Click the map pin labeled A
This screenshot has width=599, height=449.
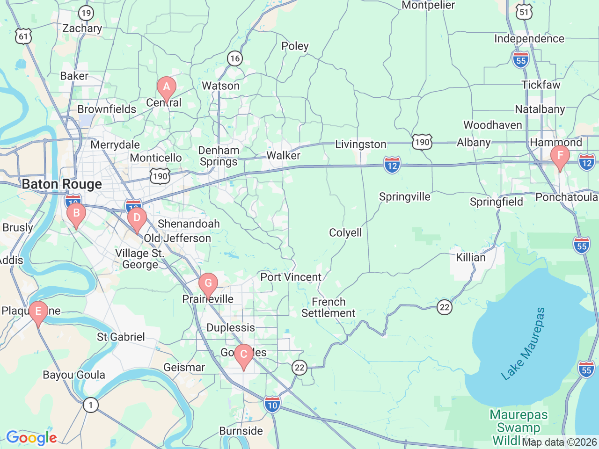click(166, 87)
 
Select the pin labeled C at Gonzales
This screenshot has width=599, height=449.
click(243, 355)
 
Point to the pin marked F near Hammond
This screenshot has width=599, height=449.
click(560, 156)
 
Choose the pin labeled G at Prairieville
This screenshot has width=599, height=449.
click(208, 283)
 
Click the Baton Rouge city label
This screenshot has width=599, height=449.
click(62, 184)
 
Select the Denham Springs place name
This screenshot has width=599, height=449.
click(219, 156)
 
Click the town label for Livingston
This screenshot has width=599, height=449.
click(361, 145)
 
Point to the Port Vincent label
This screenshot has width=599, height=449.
click(291, 277)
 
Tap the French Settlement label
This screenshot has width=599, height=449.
click(329, 308)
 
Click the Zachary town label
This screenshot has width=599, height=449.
click(82, 29)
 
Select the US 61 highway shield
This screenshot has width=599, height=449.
click(23, 36)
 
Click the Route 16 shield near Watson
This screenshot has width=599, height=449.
click(234, 58)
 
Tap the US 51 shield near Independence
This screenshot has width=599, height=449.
click(525, 12)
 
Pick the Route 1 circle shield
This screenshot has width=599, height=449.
click(91, 405)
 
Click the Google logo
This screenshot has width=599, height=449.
click(31, 438)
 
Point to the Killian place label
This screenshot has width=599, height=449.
click(471, 258)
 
